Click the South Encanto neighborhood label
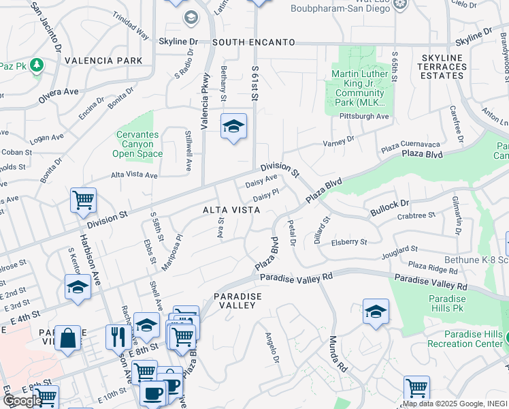tap(252, 42)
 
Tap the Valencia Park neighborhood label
tap(103, 61)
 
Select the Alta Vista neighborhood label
tap(231, 210)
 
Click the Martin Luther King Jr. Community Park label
tap(359, 88)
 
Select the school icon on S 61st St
tap(233, 126)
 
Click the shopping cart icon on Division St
tap(83, 200)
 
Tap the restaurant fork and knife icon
tap(118, 336)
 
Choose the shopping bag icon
tap(68, 337)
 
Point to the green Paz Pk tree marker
tap(36, 65)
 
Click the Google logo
tap(22, 401)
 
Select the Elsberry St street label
tap(348, 242)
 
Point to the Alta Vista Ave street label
tap(135, 175)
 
